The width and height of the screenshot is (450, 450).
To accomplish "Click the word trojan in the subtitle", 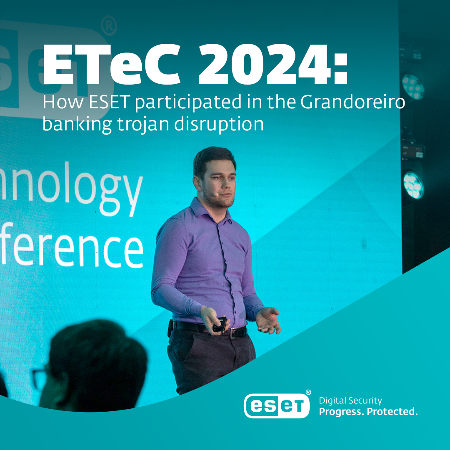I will (142, 125).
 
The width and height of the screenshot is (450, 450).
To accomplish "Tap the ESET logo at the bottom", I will (277, 404).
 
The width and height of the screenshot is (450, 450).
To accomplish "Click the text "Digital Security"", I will (350, 400).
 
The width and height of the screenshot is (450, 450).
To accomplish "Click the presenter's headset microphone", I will (215, 194).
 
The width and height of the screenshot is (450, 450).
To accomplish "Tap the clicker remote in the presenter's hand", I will (220, 323).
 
